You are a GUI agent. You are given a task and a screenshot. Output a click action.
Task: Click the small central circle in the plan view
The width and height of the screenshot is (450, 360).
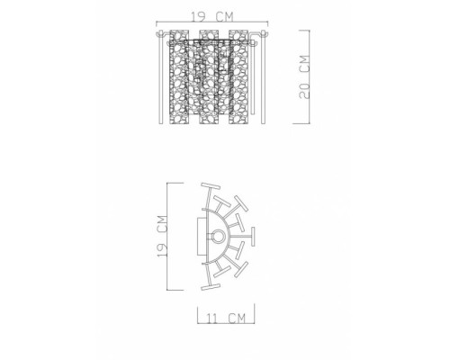(x=218, y=237)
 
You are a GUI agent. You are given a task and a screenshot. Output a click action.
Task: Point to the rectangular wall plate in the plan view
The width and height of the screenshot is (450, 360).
(x=200, y=237)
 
